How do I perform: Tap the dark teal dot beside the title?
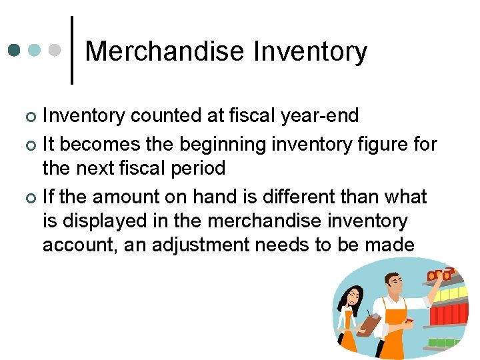(14, 50)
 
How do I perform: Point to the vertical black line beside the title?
(72, 50)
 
